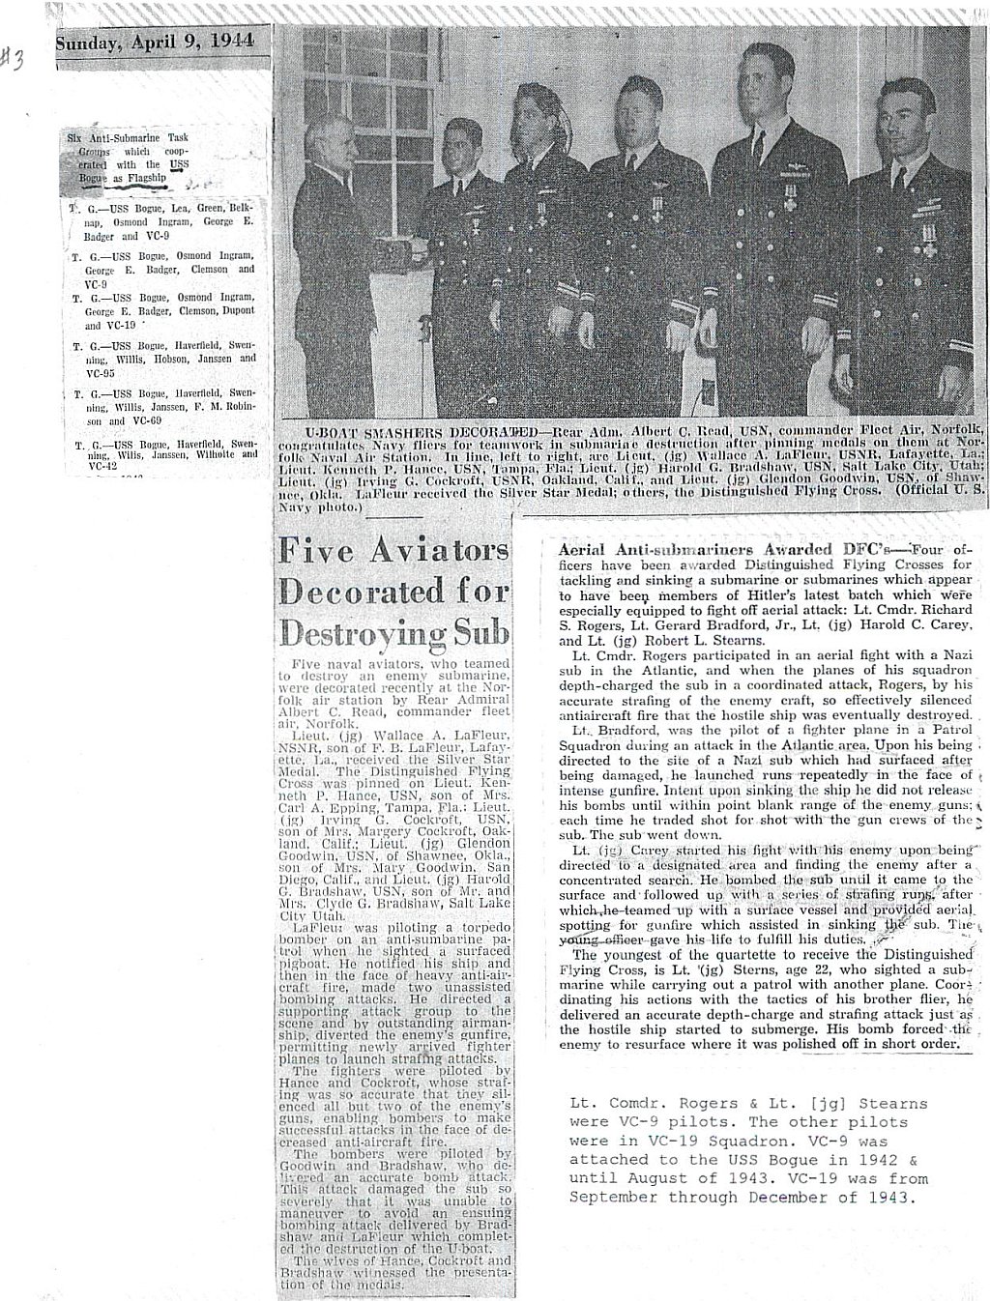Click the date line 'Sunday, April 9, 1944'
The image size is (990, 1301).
pos(155,42)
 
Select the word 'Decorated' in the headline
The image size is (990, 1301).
pos(354,592)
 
